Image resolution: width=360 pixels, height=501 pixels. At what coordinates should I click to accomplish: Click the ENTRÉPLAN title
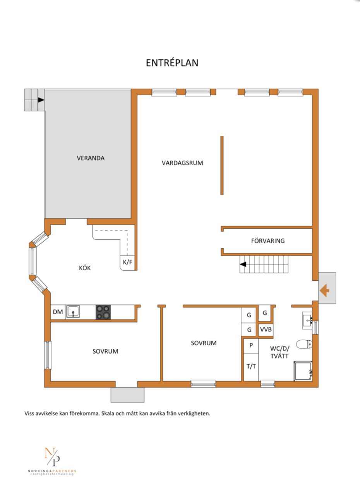[172, 63]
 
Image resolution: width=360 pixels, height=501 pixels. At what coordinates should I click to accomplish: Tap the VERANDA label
[91, 158]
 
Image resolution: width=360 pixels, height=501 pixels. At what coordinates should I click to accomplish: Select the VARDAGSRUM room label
[182, 163]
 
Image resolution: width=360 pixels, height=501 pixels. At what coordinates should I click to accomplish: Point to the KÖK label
[85, 268]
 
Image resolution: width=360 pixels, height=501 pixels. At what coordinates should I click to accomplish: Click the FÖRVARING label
[267, 241]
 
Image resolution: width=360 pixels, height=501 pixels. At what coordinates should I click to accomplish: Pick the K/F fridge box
[127, 263]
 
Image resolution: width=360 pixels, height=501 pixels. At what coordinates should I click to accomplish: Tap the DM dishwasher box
[58, 312]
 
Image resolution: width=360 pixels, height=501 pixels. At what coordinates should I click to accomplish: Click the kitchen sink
[73, 312]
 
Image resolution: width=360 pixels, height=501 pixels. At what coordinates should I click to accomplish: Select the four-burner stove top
[103, 312]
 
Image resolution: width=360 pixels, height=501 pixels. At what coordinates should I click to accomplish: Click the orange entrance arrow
[324, 290]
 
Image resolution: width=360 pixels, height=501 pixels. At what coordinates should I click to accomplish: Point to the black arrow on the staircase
[243, 264]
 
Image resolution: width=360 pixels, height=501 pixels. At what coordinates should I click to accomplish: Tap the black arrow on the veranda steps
[41, 100]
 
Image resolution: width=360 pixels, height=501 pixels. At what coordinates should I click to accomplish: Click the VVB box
[266, 329]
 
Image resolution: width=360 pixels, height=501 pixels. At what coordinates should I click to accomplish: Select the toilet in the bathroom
[304, 344]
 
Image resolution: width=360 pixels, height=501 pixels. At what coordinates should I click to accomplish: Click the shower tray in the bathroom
[303, 371]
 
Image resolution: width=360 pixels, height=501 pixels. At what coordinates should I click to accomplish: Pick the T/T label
[251, 366]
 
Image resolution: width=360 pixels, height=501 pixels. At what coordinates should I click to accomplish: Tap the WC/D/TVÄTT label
[279, 352]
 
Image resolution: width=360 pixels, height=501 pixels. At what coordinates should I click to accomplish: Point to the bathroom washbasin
[307, 321]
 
